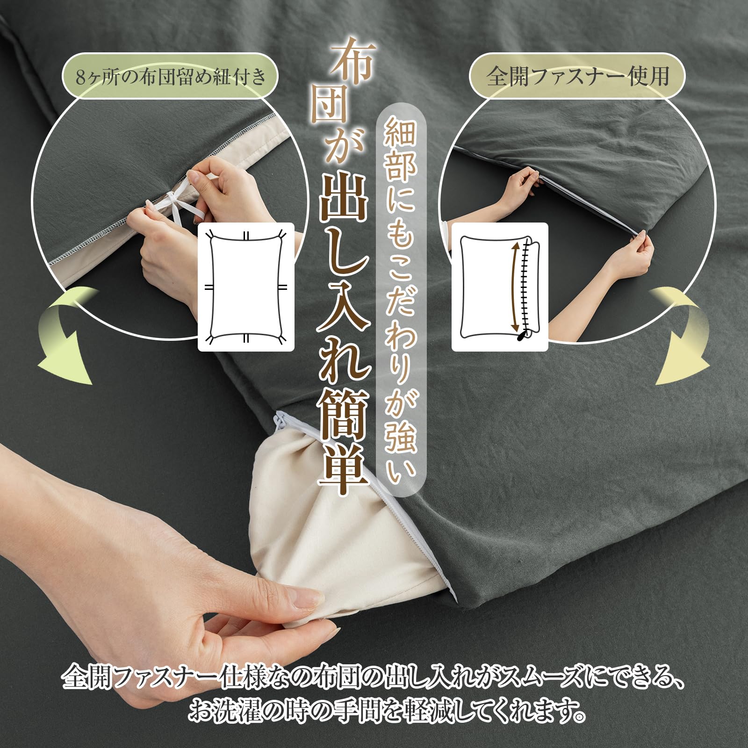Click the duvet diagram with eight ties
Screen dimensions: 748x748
246,287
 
